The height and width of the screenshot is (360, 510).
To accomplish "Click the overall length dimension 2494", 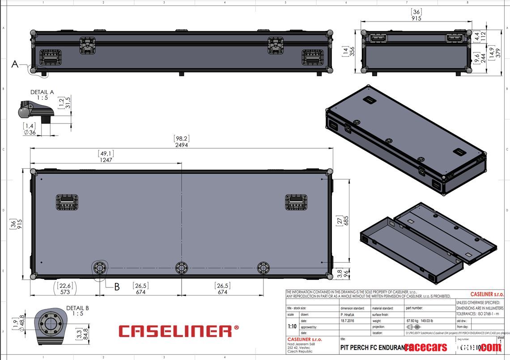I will [x=182, y=145].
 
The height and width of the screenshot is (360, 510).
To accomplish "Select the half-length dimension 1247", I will [x=106, y=159].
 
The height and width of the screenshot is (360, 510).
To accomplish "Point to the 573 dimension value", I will [x=65, y=292].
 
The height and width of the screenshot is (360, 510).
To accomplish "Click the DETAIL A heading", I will [x=42, y=92].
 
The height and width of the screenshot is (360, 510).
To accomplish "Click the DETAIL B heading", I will [x=78, y=308].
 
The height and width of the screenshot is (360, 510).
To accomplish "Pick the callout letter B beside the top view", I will [x=117, y=287].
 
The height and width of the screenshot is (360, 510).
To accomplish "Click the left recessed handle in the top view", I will [x=67, y=202].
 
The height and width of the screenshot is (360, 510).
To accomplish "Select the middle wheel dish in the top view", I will [x=181, y=268].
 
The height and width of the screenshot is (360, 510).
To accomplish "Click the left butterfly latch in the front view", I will [x=88, y=45].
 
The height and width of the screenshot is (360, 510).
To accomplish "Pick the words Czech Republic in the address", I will [x=300, y=351].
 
